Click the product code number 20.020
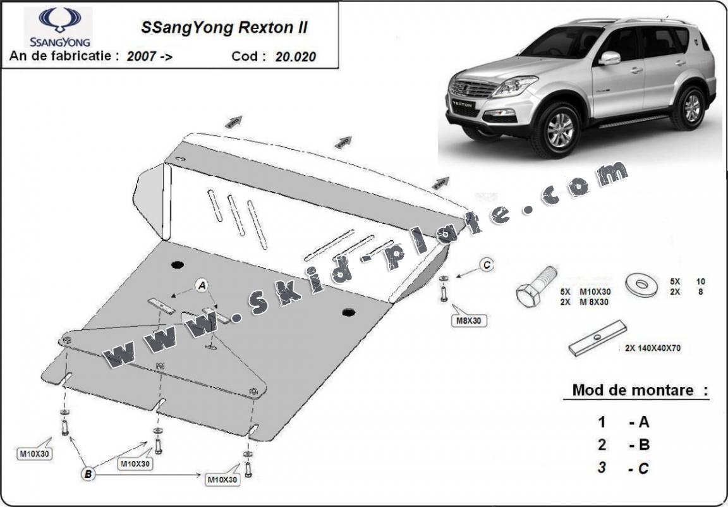click(296, 56)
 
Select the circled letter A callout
click(202, 286)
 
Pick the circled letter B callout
click(88, 474)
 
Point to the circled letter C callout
click(487, 266)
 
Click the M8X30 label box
click(469, 321)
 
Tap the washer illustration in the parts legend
click(641, 284)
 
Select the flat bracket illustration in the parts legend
click(597, 338)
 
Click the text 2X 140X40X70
click(652, 348)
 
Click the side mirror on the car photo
click(610, 58)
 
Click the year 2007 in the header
click(141, 56)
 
